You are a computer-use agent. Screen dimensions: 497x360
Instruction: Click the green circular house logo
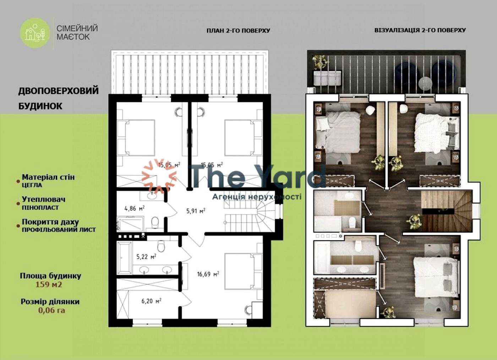pyautogui.click(x=35, y=33)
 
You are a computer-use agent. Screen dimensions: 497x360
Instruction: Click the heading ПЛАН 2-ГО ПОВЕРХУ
pyautogui.click(x=238, y=31)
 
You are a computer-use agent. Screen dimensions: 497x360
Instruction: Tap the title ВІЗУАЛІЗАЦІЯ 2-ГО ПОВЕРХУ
pyautogui.click(x=420, y=30)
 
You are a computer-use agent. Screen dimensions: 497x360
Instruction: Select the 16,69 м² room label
pyautogui.click(x=208, y=274)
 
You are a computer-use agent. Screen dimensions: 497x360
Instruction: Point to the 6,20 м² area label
pyautogui.click(x=152, y=301)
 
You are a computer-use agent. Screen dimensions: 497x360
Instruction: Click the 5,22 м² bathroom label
pyautogui.click(x=146, y=257)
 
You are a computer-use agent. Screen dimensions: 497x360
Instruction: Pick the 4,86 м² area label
pyautogui.click(x=135, y=208)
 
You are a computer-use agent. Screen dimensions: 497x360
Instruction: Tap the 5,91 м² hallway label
pyautogui.click(x=196, y=211)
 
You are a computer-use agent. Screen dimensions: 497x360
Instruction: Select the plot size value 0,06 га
pyautogui.click(x=52, y=310)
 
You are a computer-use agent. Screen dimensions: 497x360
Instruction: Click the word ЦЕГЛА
pyautogui.click(x=32, y=185)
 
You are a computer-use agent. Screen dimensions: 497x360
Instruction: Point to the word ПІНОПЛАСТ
pyautogui.click(x=40, y=208)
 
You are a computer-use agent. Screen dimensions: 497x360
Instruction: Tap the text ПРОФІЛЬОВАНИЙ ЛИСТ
pyautogui.click(x=59, y=230)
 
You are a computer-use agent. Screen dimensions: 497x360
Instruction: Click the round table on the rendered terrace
pyautogui.click(x=425, y=83)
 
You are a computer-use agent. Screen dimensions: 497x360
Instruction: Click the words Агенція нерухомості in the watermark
pyautogui.click(x=257, y=197)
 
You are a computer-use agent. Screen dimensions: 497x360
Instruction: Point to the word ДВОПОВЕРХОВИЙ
pyautogui.click(x=58, y=91)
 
